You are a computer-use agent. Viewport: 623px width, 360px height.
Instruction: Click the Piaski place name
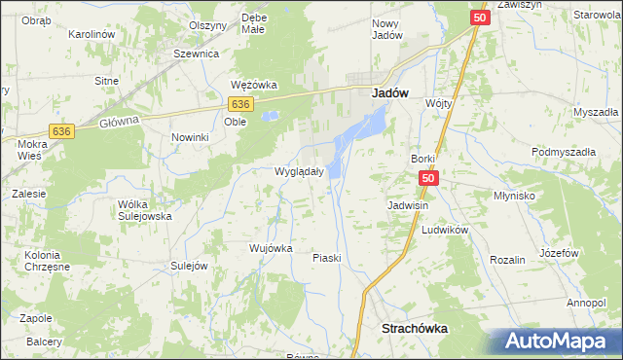coord(325,258)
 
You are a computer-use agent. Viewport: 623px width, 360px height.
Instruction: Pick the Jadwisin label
coord(408,206)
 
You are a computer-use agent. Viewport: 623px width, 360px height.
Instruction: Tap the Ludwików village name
coord(445,230)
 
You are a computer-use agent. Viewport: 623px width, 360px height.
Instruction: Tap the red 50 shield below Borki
coord(430,179)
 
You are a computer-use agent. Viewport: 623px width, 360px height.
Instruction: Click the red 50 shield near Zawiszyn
coord(479,18)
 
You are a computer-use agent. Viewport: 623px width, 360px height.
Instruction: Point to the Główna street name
coord(120,122)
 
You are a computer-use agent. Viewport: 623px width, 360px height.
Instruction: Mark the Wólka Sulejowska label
coord(144,210)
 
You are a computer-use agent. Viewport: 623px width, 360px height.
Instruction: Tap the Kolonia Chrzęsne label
coord(34,262)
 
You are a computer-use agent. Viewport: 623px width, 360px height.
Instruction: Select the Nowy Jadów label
coord(387,28)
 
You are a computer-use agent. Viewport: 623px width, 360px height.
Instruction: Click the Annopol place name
coord(586,303)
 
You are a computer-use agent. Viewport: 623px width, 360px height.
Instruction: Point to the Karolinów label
coord(92,34)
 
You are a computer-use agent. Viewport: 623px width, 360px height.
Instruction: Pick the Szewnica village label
coord(196,54)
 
